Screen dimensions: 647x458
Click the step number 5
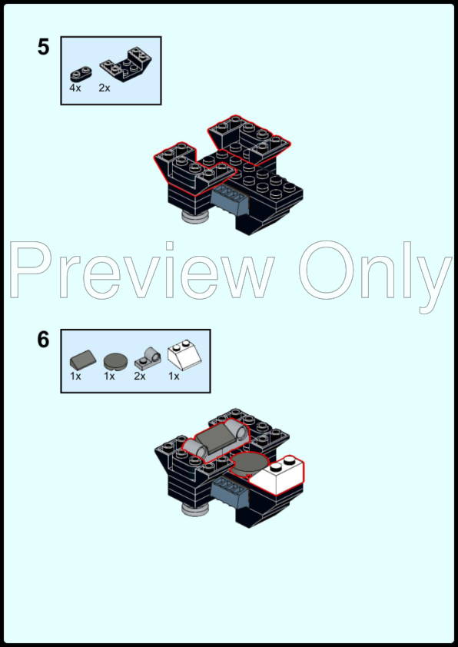43,48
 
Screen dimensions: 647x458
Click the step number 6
43,340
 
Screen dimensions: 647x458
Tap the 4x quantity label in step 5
75,88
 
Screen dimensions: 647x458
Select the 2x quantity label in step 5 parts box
105,88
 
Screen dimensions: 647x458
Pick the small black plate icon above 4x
80,75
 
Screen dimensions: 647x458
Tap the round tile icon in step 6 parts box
114,360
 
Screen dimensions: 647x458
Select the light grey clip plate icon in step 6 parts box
146,357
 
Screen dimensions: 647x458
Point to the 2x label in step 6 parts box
140,377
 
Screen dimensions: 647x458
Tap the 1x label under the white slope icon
174,377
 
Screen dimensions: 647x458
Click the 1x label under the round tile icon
109,377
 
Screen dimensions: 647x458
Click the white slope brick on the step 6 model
279,476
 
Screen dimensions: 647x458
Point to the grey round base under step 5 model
197,220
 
